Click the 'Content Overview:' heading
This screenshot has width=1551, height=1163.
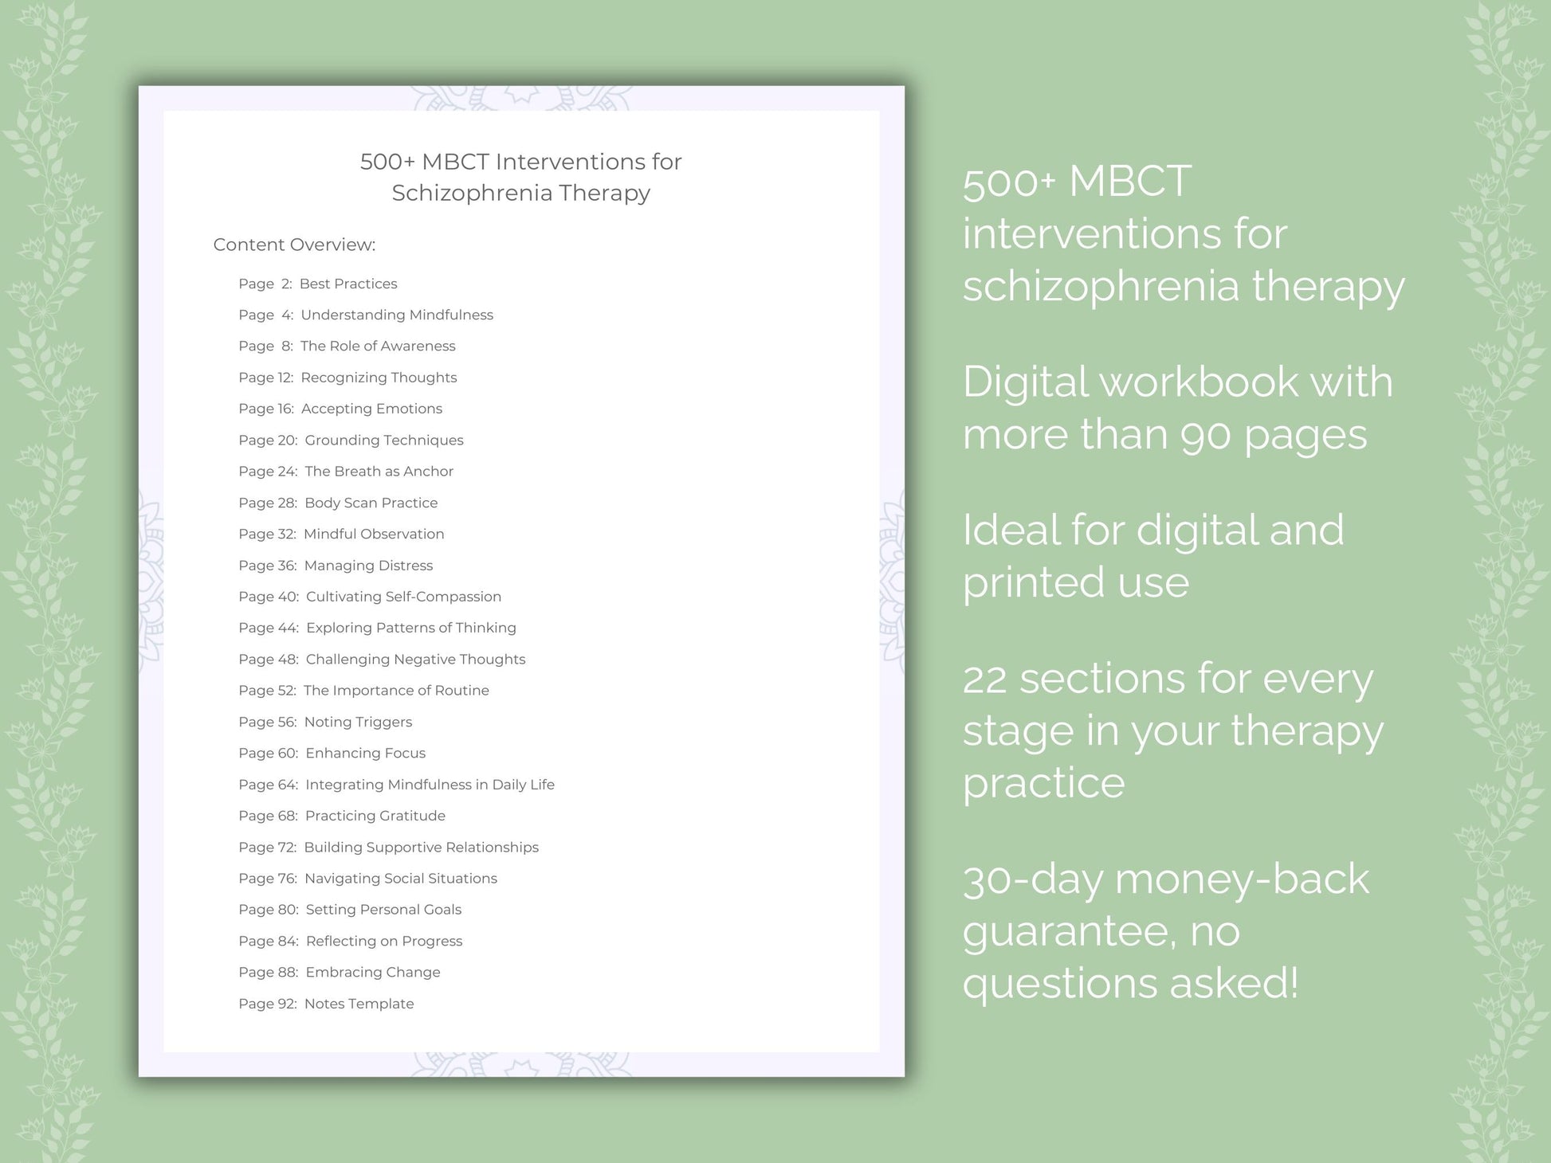point(294,245)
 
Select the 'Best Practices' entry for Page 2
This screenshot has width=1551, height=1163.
point(348,284)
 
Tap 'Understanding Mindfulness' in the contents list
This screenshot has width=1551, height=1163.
point(397,315)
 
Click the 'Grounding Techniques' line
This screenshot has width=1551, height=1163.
point(383,440)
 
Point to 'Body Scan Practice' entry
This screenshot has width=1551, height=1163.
point(371,503)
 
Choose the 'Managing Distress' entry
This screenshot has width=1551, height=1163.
point(368,566)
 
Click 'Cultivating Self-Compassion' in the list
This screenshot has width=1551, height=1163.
point(403,597)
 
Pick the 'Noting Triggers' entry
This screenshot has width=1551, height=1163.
point(358,722)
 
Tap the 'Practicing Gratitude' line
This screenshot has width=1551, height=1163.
point(375,816)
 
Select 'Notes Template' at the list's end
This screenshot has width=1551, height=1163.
point(359,1004)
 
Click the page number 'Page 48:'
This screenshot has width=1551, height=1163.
point(268,660)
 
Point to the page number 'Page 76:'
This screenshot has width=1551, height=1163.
point(268,879)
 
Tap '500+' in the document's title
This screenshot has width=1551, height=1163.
point(387,162)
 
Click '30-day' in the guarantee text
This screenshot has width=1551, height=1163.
point(1032,880)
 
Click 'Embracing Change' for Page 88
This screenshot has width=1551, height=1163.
point(372,972)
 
